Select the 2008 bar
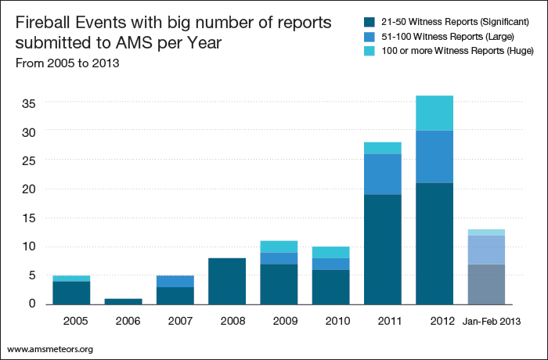[227, 281]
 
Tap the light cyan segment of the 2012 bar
[434, 113]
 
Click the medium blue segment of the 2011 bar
[383, 174]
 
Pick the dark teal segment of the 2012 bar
[434, 243]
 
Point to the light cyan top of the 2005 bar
[71, 278]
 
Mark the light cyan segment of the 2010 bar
[331, 252]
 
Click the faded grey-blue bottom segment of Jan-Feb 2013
[486, 284]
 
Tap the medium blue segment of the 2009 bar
[279, 258]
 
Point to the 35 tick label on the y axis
[28, 103]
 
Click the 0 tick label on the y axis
[33, 303]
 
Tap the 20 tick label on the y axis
[28, 189]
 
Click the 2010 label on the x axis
[331, 320]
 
